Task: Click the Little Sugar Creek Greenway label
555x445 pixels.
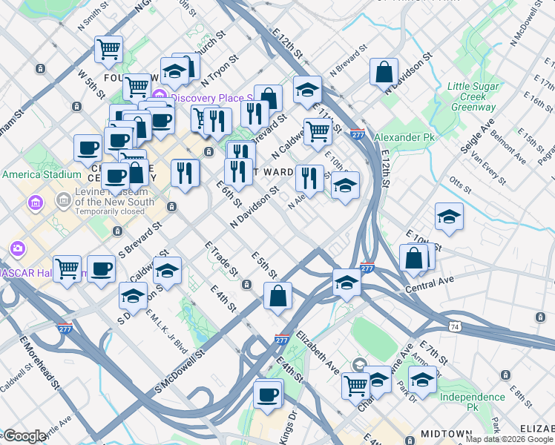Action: pyautogui.click(x=471, y=97)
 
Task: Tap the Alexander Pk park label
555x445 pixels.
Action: pyautogui.click(x=404, y=137)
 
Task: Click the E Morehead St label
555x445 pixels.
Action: pyautogui.click(x=39, y=363)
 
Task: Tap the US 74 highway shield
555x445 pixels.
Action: pyautogui.click(x=453, y=326)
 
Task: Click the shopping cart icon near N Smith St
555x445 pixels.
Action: pyautogui.click(x=109, y=49)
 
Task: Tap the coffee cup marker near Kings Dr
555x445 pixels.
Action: pyautogui.click(x=268, y=394)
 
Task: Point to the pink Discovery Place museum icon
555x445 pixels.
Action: pyautogui.click(x=160, y=97)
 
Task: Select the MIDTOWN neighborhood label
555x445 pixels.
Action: pyautogui.click(x=447, y=433)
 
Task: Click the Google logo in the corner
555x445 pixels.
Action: pyautogui.click(x=24, y=436)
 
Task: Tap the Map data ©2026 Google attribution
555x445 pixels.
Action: pyautogui.click(x=508, y=439)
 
